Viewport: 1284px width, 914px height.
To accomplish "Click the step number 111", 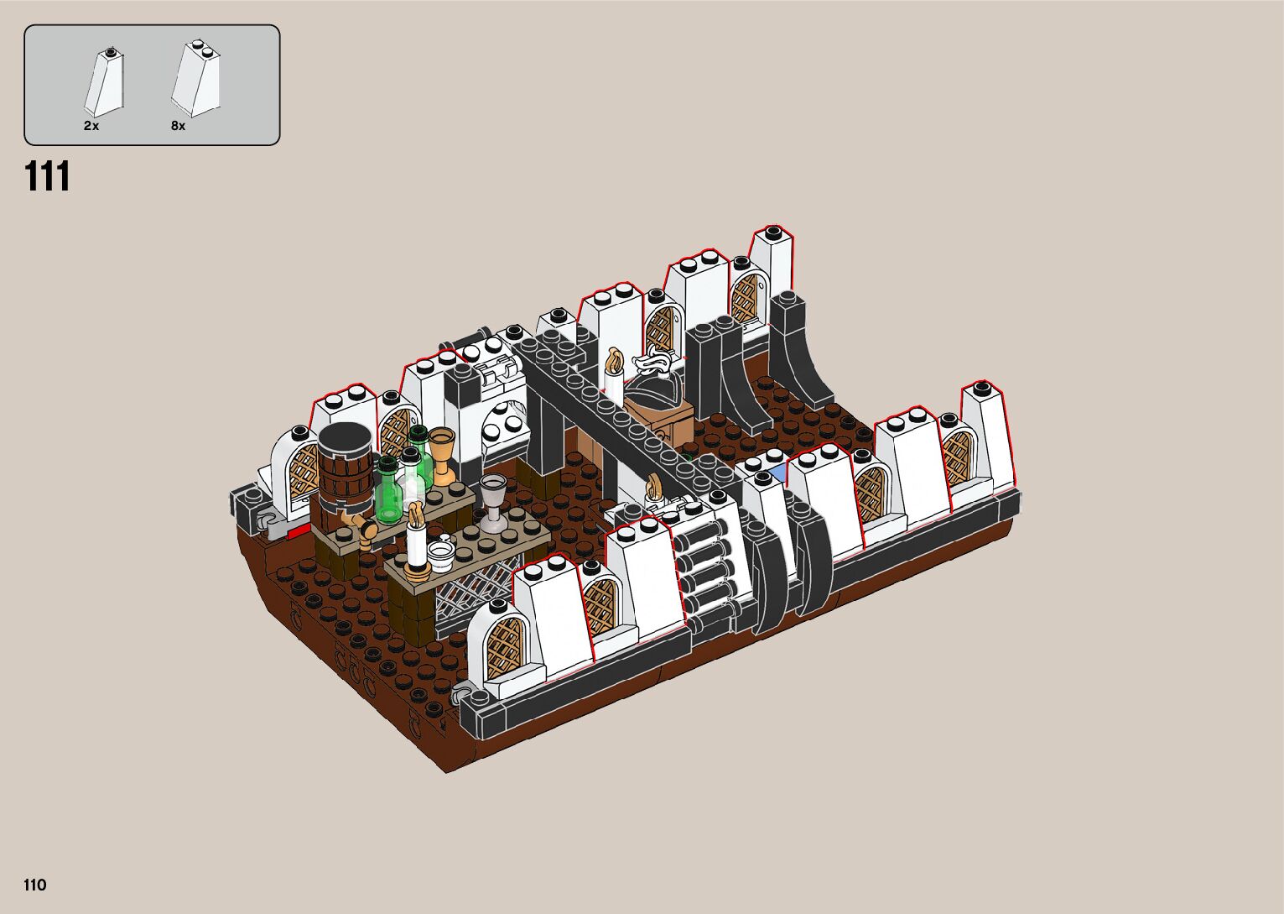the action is [x=47, y=176].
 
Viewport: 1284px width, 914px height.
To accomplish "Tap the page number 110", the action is [x=35, y=885].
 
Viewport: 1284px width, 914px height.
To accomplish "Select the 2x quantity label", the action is [x=91, y=126].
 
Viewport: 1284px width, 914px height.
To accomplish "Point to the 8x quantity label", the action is [x=179, y=126].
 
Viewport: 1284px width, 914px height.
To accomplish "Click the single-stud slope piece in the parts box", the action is [x=104, y=82].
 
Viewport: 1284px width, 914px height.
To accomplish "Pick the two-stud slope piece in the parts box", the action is [x=196, y=79].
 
